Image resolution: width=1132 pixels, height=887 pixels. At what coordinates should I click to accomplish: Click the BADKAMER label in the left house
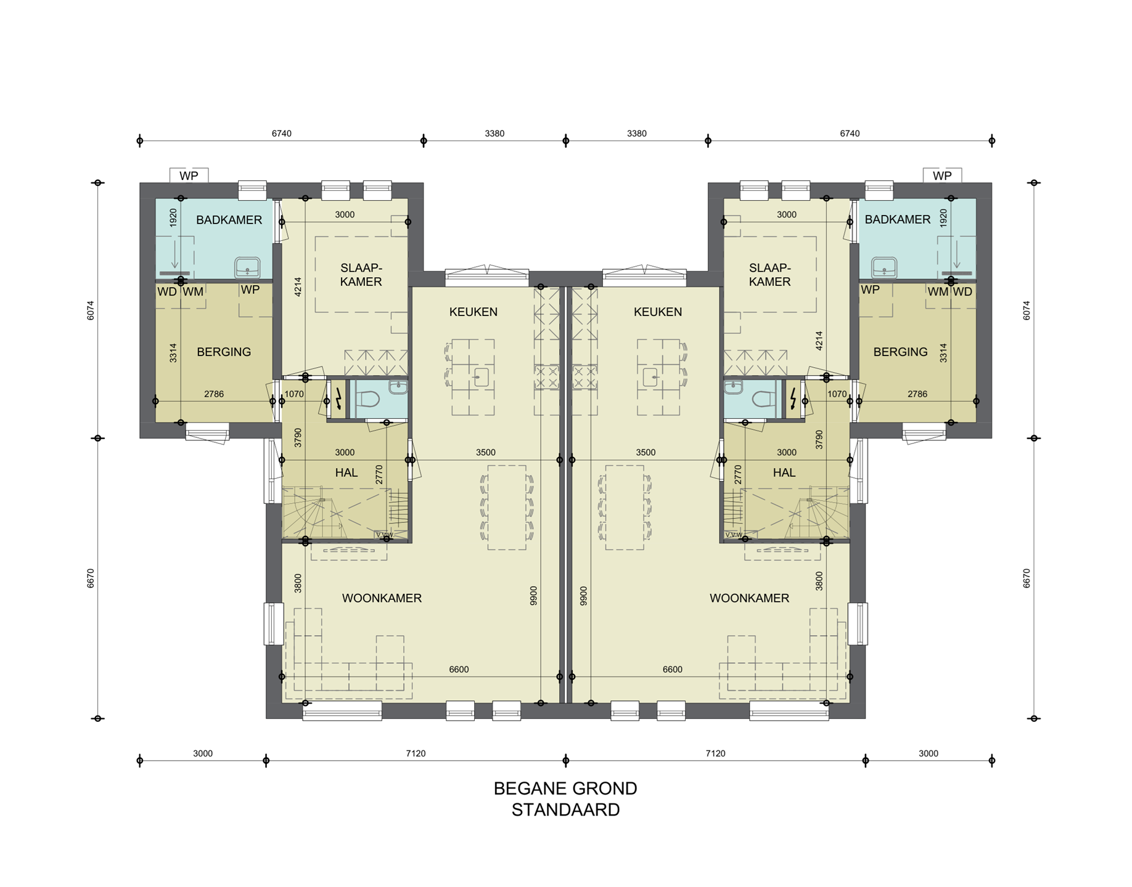pyautogui.click(x=229, y=220)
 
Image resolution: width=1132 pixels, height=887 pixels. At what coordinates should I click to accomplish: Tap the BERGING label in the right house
pyautogui.click(x=900, y=352)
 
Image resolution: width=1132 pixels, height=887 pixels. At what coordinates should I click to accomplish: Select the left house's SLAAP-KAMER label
pyautogui.click(x=361, y=275)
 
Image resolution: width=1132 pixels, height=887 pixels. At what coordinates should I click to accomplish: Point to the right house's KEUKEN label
pyautogui.click(x=658, y=312)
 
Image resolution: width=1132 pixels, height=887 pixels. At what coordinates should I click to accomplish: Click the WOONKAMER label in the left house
pyautogui.click(x=382, y=598)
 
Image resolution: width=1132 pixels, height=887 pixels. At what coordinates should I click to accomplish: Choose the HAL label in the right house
pyautogui.click(x=784, y=472)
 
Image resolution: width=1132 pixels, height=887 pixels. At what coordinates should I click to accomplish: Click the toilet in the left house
pyautogui.click(x=369, y=399)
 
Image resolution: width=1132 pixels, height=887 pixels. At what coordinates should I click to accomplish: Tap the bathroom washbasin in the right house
pyautogui.click(x=884, y=268)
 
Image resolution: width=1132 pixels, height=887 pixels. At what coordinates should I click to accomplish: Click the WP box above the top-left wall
pyautogui.click(x=189, y=176)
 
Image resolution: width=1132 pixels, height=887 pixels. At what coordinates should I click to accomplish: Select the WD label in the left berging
pyautogui.click(x=167, y=291)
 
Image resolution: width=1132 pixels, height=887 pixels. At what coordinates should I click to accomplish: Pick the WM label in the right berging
pyautogui.click(x=938, y=291)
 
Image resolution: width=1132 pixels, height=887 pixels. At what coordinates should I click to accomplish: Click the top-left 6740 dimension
pyautogui.click(x=281, y=134)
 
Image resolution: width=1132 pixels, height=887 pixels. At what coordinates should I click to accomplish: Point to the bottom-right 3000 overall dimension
pyautogui.click(x=928, y=753)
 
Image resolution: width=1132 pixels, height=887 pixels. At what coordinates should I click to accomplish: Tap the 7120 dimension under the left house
pyautogui.click(x=416, y=753)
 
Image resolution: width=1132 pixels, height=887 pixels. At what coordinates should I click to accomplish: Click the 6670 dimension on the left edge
pyautogui.click(x=91, y=578)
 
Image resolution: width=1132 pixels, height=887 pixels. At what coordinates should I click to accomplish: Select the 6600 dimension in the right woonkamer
pyautogui.click(x=672, y=670)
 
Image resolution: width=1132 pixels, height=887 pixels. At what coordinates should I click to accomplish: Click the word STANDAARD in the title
pyautogui.click(x=565, y=810)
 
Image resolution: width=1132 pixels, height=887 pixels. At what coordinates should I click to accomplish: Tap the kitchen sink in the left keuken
pyautogui.click(x=481, y=377)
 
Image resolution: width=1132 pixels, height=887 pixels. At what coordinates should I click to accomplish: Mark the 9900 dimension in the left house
pyautogui.click(x=533, y=596)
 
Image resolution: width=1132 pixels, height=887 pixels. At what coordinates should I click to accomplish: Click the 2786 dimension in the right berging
pyautogui.click(x=917, y=394)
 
